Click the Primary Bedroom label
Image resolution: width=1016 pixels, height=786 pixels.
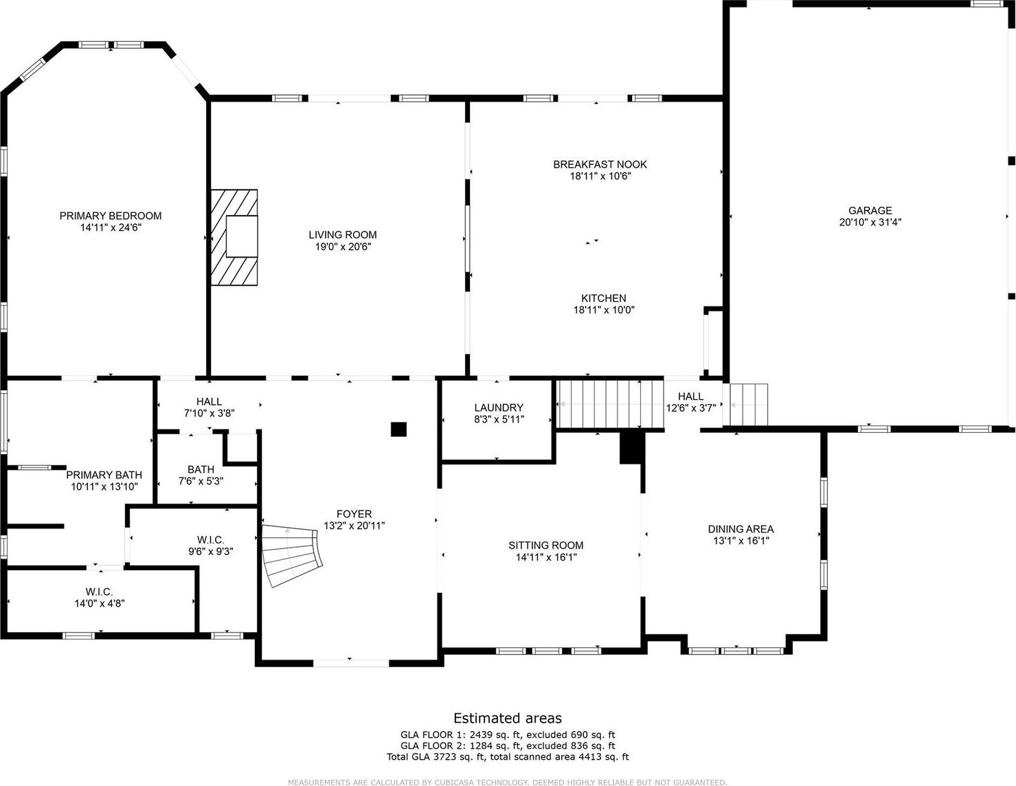(111, 216)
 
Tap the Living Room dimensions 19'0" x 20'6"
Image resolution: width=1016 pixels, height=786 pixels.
(343, 247)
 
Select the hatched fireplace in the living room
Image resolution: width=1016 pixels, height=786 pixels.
(234, 237)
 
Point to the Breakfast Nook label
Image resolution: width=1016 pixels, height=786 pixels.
(600, 165)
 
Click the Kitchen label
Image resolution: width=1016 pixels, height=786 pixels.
(604, 298)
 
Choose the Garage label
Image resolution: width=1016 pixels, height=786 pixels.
(870, 211)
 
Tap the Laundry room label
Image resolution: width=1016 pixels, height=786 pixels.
(499, 407)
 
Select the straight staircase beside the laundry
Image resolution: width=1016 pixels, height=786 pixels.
(610, 404)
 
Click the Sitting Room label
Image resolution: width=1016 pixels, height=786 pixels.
(545, 546)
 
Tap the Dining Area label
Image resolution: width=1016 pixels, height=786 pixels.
(741, 529)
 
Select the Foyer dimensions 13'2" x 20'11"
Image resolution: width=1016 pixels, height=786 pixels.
(354, 526)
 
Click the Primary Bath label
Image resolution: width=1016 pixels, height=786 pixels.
(104, 475)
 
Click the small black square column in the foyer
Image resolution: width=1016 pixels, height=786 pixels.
(399, 429)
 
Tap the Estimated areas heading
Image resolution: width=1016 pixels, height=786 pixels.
(508, 718)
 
